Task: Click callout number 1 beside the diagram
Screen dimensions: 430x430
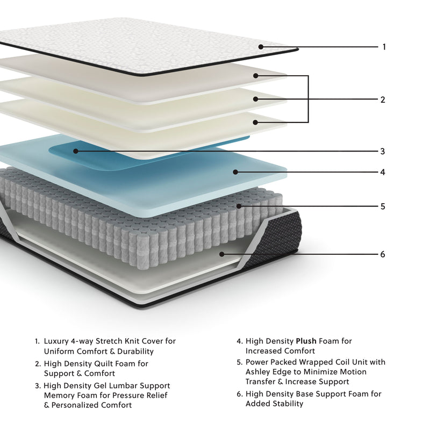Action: point(384,47)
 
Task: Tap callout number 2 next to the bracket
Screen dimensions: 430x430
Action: point(383,99)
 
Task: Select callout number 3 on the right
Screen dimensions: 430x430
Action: point(382,152)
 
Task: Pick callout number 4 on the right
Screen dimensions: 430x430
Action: point(383,173)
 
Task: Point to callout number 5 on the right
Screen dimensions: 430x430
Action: point(383,206)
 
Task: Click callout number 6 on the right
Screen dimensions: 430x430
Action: point(383,254)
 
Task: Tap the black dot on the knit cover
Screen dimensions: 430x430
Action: point(261,47)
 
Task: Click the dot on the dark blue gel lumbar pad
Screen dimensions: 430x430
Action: point(76,151)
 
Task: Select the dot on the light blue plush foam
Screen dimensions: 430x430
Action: point(235,172)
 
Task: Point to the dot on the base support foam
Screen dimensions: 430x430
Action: point(221,254)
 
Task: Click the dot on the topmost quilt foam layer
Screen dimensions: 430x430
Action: point(256,76)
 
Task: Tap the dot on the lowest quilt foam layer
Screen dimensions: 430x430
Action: point(256,123)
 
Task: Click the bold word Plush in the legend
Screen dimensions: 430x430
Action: point(306,341)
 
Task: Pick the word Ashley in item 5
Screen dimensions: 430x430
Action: point(257,372)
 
